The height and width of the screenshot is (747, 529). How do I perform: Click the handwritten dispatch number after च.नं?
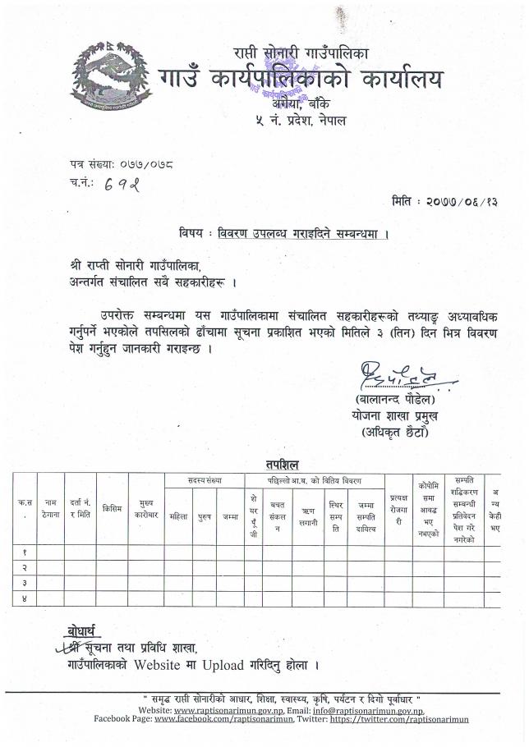point(122,186)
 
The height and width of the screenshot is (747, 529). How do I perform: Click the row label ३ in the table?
point(25,583)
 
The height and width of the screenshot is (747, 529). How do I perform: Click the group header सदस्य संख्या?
point(205,479)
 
